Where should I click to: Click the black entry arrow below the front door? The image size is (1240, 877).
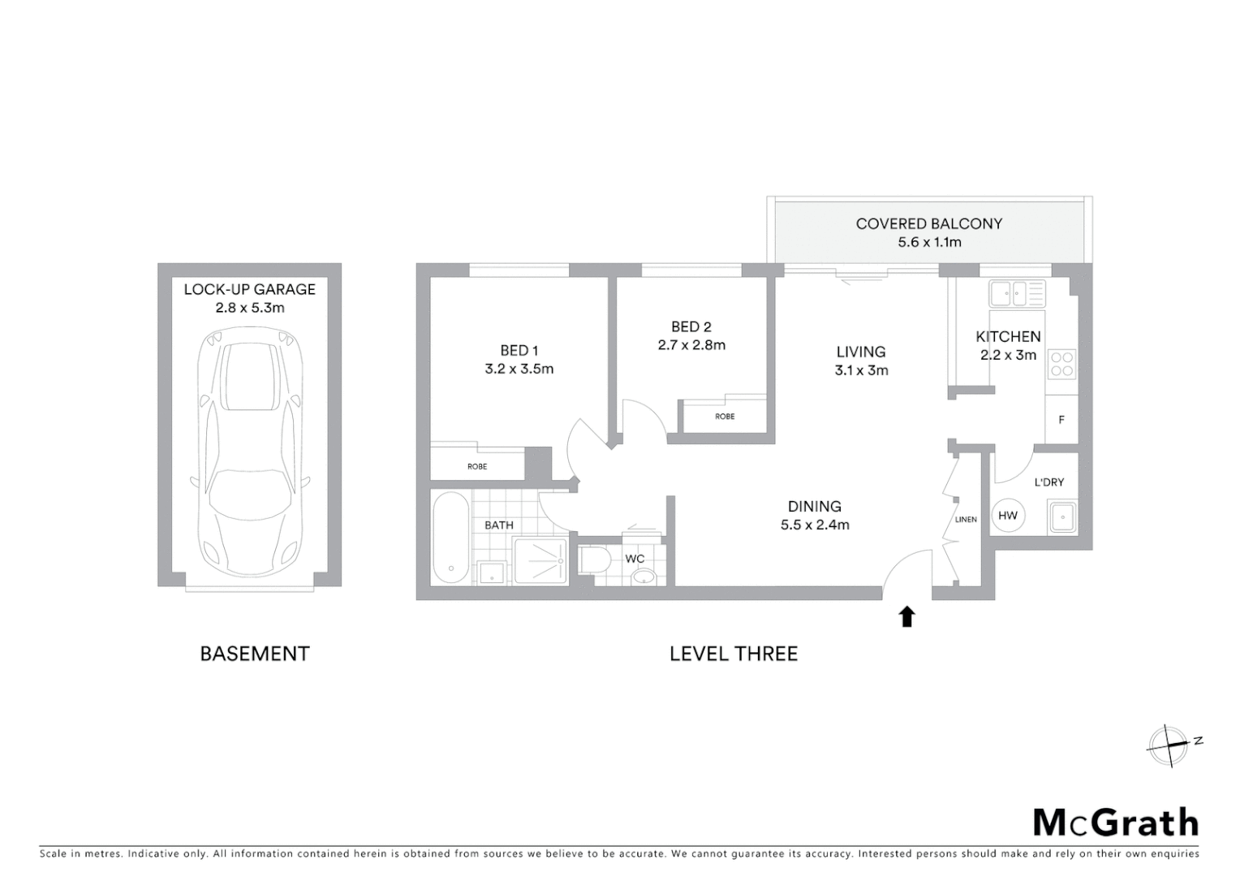(x=906, y=617)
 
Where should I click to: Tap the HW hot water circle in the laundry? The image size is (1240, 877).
(x=1008, y=516)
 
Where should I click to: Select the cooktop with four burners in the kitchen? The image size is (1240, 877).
(x=1061, y=363)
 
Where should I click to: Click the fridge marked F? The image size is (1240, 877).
(x=1061, y=420)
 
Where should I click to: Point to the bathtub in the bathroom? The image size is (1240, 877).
(x=450, y=538)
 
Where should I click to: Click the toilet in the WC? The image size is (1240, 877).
(x=596, y=560)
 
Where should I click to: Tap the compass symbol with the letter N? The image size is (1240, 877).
(x=1169, y=745)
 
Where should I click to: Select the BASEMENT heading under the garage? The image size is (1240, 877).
(x=255, y=654)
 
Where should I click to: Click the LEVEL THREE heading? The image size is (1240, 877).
(x=734, y=654)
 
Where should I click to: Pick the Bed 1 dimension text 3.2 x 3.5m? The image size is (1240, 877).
(x=519, y=369)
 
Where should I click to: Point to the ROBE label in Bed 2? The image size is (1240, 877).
(x=725, y=417)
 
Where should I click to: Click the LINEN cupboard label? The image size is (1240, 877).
(x=966, y=520)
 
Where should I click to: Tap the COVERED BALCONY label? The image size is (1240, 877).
(x=928, y=223)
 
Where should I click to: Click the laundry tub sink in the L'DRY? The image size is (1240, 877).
(x=1061, y=516)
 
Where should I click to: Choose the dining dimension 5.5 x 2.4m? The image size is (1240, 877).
(x=815, y=525)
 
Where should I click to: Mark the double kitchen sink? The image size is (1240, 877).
(x=1017, y=293)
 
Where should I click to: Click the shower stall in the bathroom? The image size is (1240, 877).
(x=540, y=561)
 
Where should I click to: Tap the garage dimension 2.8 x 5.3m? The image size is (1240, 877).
(x=250, y=308)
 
